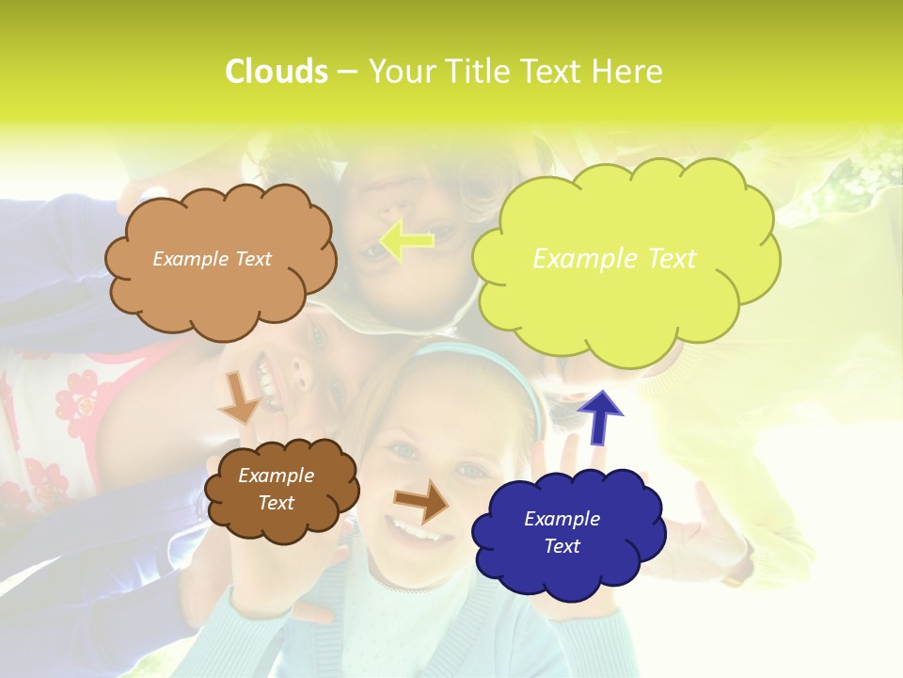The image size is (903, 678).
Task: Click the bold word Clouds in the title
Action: [276, 72]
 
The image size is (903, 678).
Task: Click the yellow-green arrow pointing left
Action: [406, 242]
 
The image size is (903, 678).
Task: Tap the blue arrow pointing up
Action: [599, 417]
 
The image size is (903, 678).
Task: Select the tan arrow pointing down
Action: [239, 396]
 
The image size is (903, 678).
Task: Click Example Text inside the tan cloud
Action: [212, 259]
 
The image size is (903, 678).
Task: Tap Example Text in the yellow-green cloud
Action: [614, 259]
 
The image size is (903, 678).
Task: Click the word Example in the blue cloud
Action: [562, 519]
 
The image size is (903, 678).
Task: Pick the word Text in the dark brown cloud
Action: [276, 503]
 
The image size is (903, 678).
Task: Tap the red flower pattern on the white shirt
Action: [75, 395]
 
